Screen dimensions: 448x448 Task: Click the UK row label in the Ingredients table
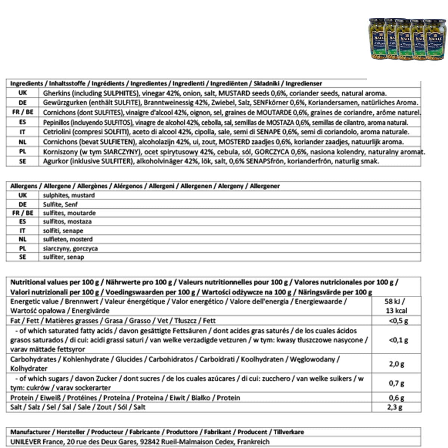click(22, 93)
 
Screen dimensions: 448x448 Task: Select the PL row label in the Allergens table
click(22, 248)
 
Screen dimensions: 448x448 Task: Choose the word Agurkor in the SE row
click(54, 161)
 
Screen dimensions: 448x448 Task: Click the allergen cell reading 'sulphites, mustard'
click(69, 195)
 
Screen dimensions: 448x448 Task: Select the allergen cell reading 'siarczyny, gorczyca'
click(70, 248)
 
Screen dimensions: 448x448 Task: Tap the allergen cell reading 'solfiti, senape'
click(63, 231)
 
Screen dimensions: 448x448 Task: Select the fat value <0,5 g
click(398, 321)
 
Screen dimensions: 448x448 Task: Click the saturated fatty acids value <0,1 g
click(398, 340)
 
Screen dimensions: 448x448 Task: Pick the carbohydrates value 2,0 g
click(396, 364)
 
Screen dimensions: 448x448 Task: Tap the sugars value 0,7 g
click(396, 383)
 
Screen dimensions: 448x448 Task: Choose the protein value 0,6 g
click(396, 398)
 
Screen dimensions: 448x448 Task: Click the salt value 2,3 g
click(395, 407)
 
